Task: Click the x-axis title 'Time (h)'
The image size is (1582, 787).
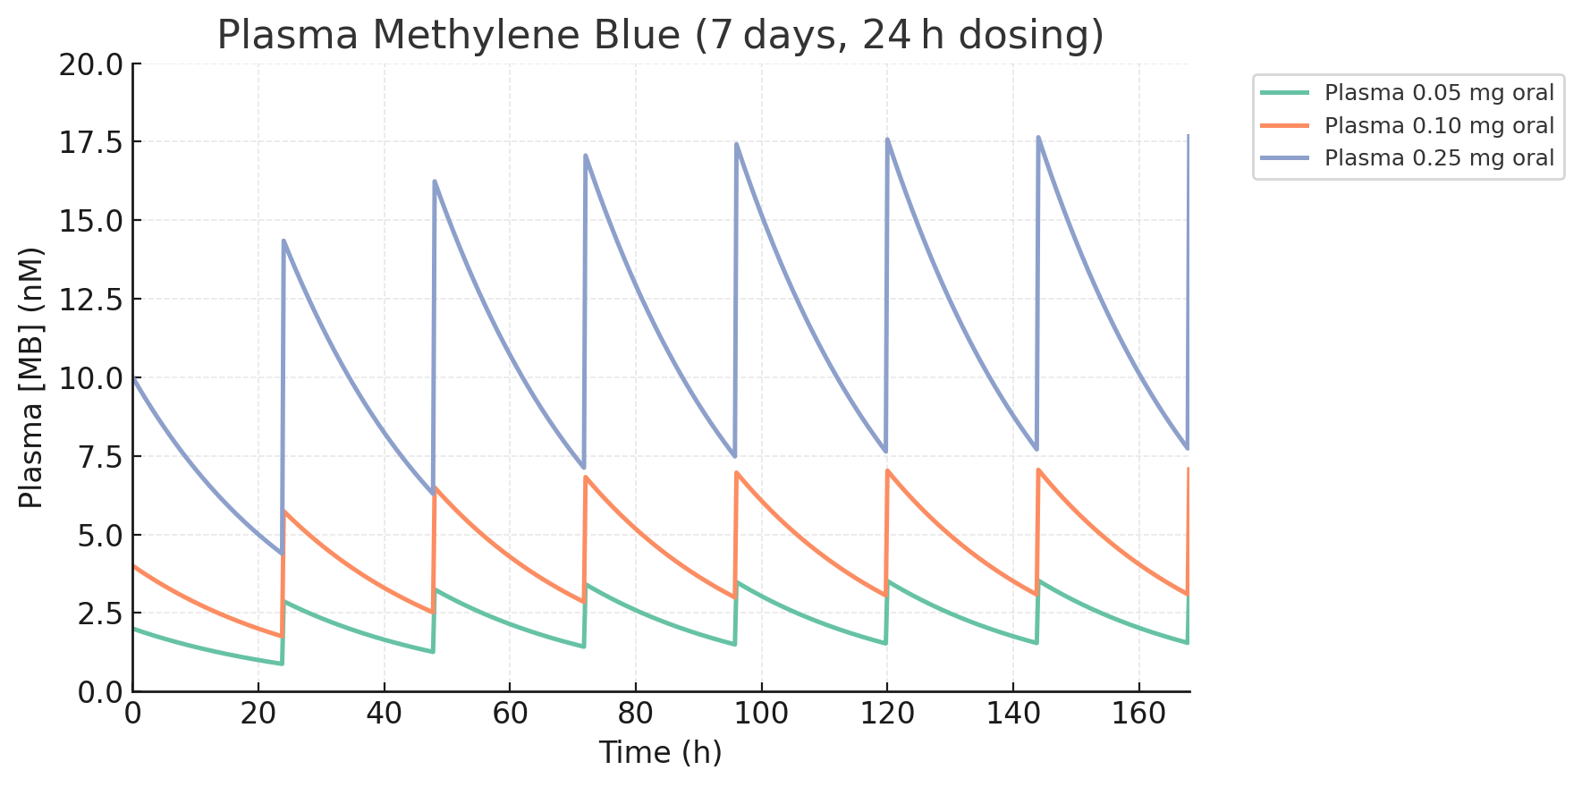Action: tap(660, 752)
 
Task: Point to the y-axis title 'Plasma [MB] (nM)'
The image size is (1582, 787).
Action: tap(31, 377)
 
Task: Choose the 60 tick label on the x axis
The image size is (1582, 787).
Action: tap(510, 714)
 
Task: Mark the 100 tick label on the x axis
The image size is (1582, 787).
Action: tap(761, 714)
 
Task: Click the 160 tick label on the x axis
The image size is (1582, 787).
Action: tap(1138, 714)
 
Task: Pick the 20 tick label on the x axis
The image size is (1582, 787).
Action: tap(258, 714)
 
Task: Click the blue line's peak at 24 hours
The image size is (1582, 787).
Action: tap(284, 241)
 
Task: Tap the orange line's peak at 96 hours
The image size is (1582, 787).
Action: tap(737, 472)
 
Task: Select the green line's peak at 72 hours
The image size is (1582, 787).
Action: tap(587, 585)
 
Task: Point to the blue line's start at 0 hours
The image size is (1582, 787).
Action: tap(134, 378)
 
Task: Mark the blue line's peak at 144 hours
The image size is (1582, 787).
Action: tap(1038, 137)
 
